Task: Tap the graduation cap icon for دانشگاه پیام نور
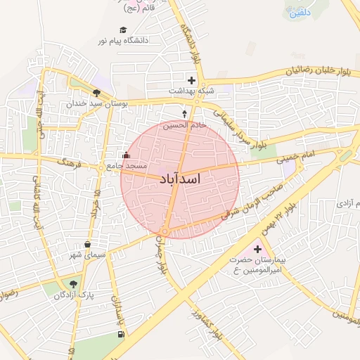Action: click(x=124, y=30)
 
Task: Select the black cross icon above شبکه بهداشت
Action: click(x=191, y=80)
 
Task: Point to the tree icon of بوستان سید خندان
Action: click(x=96, y=92)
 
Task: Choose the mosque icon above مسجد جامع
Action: click(x=127, y=155)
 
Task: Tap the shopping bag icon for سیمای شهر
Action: click(x=87, y=245)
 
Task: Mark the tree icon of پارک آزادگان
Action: click(x=73, y=284)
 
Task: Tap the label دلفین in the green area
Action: click(x=297, y=11)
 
